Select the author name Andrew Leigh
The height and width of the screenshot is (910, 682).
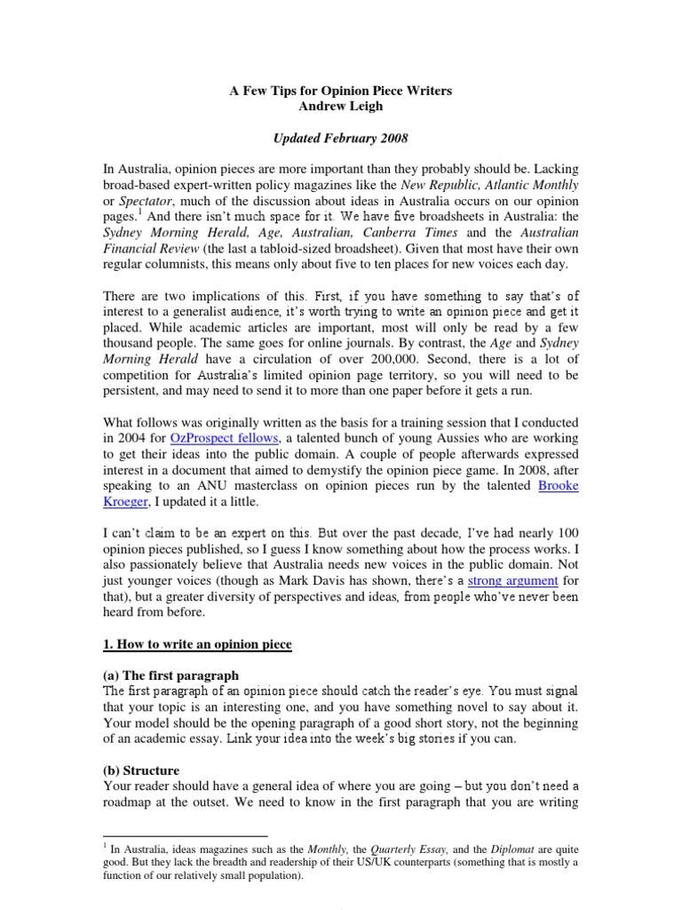tap(340, 106)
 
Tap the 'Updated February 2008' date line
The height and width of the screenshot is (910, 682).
tap(340, 140)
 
